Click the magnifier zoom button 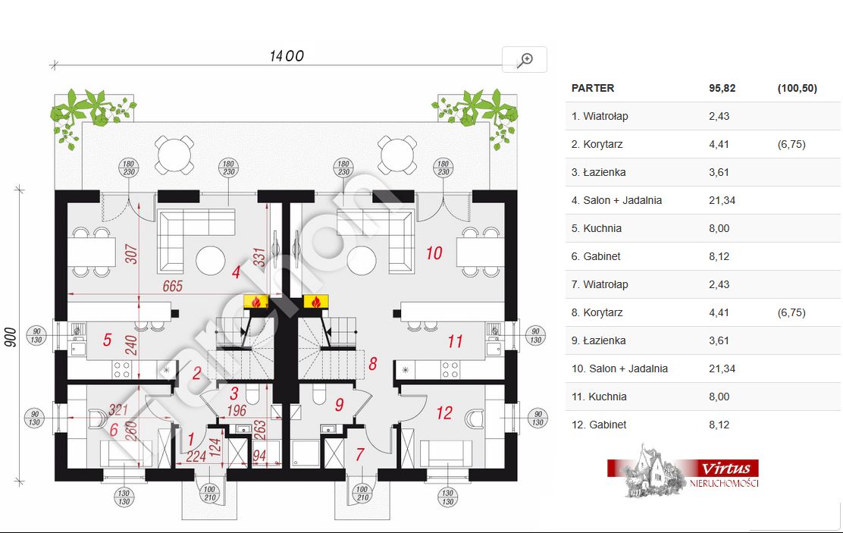(x=525, y=60)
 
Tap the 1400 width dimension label (x=287, y=56)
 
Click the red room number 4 (x=236, y=273)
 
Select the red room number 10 (x=434, y=252)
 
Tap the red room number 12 (x=444, y=413)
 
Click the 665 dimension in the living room (x=174, y=286)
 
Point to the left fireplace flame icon (x=257, y=302)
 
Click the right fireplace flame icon (x=312, y=302)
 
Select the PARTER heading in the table (x=593, y=88)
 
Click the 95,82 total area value (x=722, y=88)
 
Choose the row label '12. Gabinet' (x=599, y=425)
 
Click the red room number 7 (x=360, y=455)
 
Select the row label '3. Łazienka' (x=598, y=172)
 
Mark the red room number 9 (x=339, y=406)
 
